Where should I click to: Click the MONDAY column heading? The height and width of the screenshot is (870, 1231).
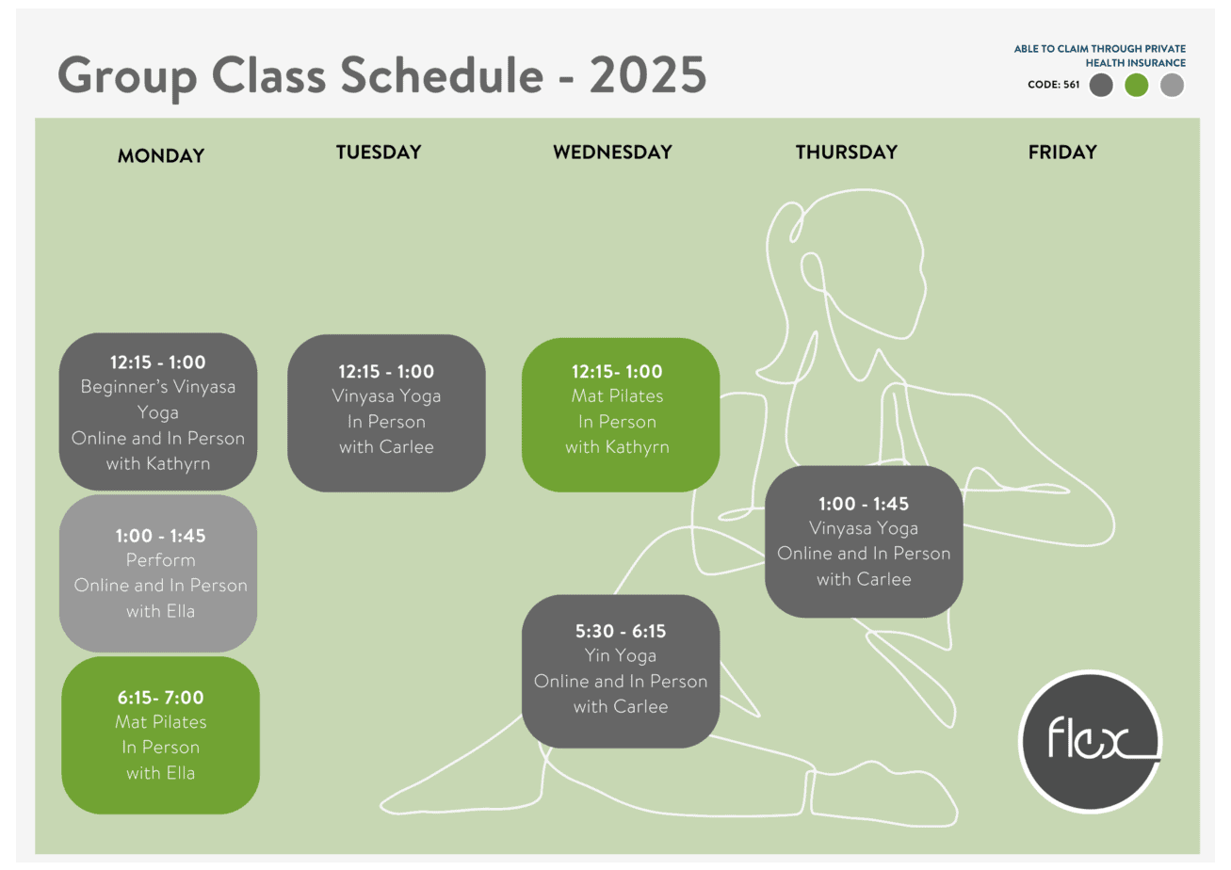point(161,156)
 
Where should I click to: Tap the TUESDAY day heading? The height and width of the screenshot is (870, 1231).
point(379,153)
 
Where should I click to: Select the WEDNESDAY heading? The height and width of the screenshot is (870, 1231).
point(612,153)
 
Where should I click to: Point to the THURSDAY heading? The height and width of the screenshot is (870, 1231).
point(847,153)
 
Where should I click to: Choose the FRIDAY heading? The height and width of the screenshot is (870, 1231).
point(1062,153)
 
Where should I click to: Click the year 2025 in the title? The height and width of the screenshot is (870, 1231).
point(649,75)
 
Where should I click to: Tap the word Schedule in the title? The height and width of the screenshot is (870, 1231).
point(442,75)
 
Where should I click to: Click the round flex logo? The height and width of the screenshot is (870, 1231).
point(1091,741)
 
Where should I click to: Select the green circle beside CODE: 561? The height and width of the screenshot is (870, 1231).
point(1136,85)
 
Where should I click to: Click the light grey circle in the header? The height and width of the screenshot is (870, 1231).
point(1172,85)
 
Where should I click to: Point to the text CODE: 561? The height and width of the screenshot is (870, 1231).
point(1054,85)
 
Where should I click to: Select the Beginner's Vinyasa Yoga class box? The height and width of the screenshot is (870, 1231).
point(158,411)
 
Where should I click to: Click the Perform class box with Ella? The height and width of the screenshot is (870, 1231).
point(158,573)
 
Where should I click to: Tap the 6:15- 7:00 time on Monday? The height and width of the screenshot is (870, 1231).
point(160,698)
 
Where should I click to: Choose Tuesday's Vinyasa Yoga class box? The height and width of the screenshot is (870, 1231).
point(386,413)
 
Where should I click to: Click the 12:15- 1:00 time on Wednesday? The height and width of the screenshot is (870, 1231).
point(617,372)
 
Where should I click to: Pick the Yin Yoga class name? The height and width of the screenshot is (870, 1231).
point(621,655)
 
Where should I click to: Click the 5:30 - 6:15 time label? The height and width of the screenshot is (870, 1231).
point(621,632)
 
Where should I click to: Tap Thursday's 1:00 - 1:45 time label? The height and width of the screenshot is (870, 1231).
point(864,504)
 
